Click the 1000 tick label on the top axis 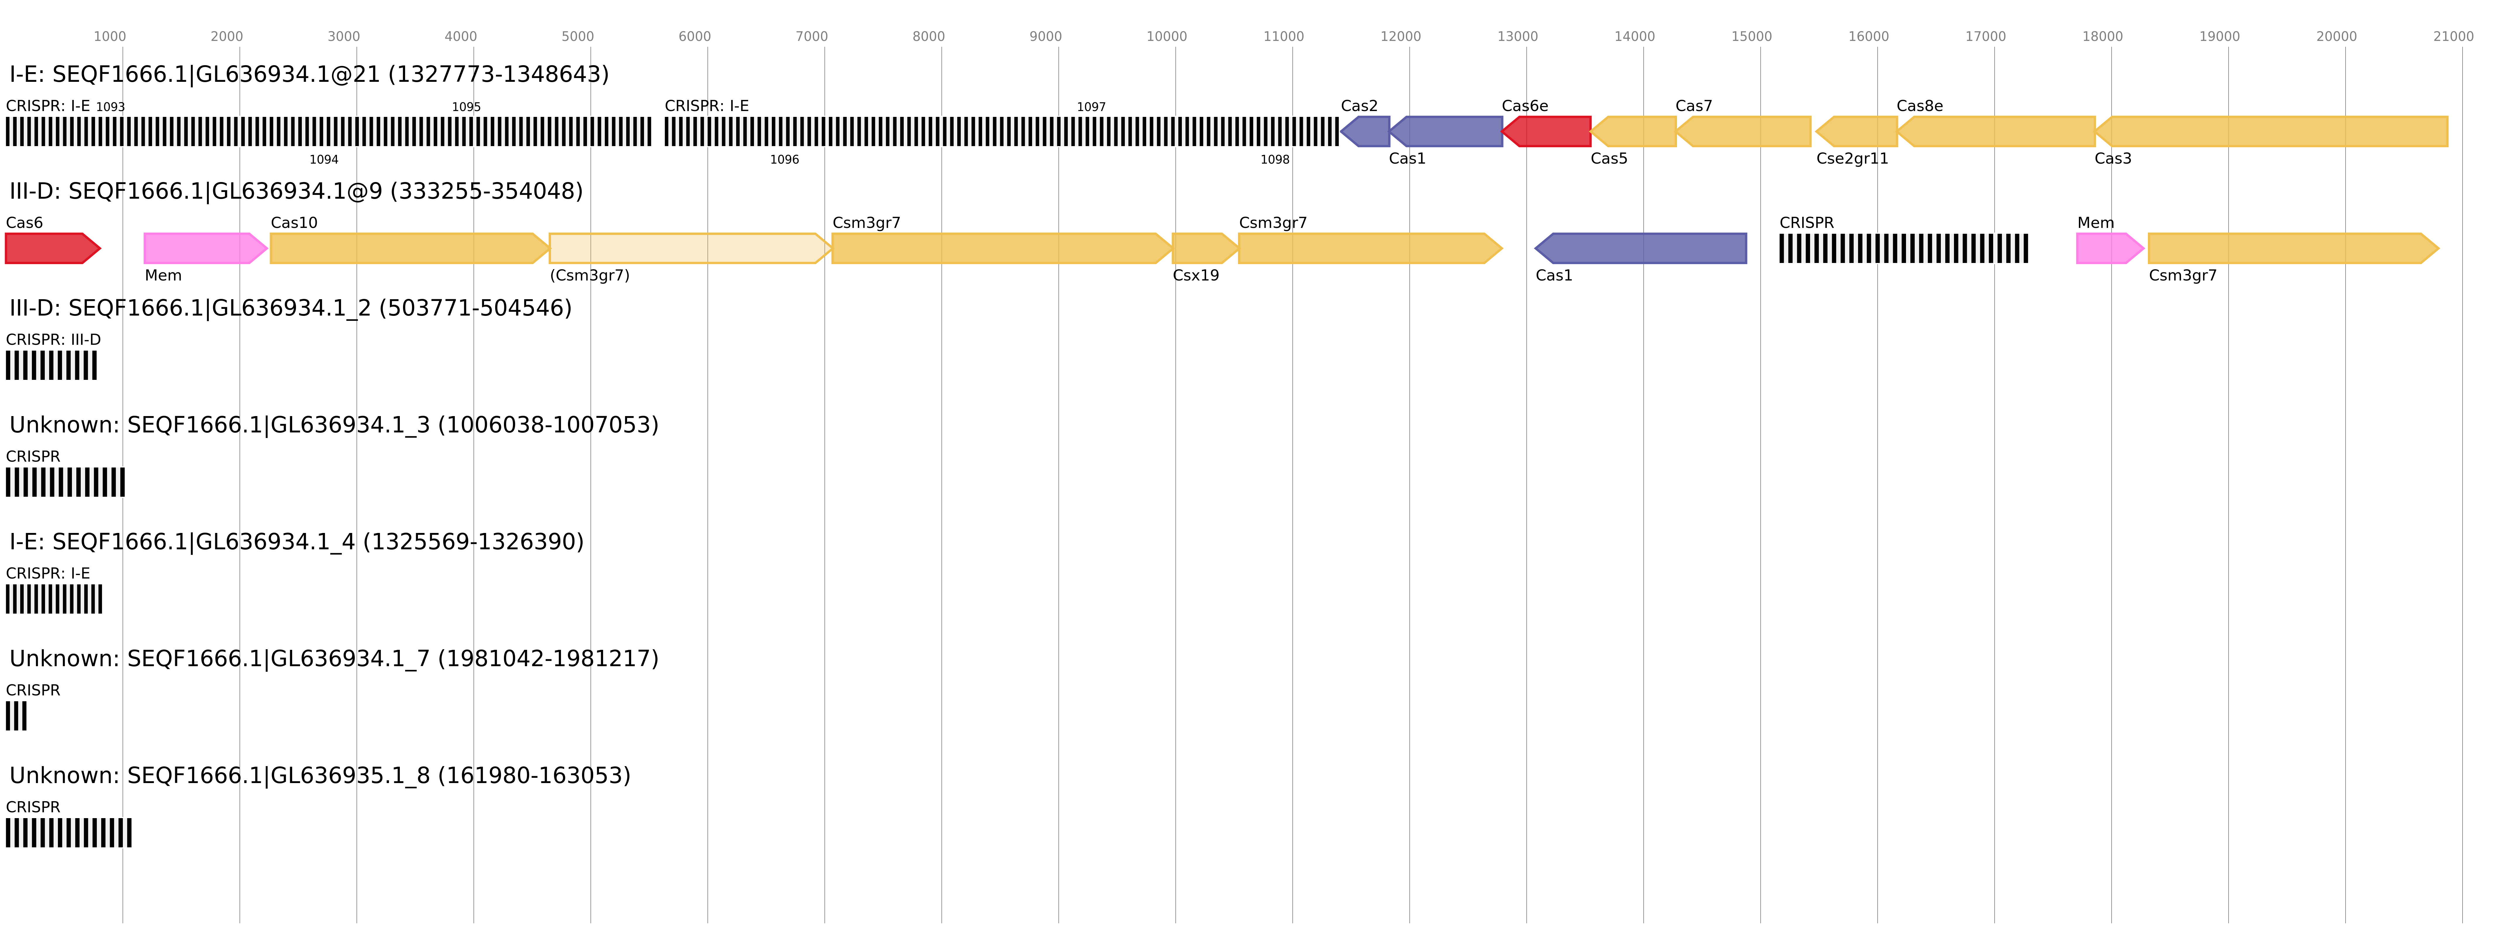click(110, 37)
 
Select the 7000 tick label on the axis click(811, 37)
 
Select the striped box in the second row click(1903, 248)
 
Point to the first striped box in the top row click(328, 132)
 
